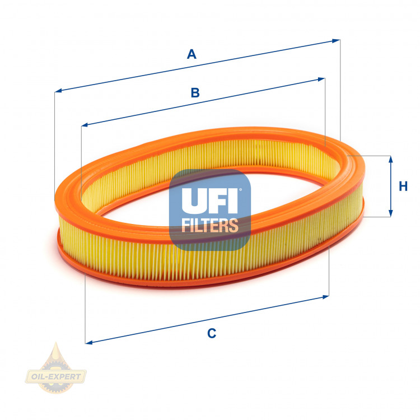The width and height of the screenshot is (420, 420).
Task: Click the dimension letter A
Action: (192, 54)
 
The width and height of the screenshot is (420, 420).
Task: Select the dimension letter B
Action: (195, 93)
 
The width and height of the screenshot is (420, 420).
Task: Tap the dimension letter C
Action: (211, 333)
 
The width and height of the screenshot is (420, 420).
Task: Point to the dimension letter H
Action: (403, 186)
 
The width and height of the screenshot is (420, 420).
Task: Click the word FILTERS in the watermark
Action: (210, 226)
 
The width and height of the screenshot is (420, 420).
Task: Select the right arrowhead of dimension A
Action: (337, 40)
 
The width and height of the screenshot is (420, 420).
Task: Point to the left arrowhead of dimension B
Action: (84, 124)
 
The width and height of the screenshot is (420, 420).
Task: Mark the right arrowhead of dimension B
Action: (322, 80)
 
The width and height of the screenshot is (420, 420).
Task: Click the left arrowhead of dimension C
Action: (88, 341)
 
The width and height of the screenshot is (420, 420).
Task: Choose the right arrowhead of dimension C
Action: (326, 296)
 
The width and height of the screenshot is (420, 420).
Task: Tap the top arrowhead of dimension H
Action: (390, 159)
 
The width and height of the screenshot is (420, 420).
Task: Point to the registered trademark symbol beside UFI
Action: (241, 190)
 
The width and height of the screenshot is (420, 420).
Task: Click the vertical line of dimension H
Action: (390, 186)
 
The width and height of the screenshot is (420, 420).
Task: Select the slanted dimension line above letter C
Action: (207, 319)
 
